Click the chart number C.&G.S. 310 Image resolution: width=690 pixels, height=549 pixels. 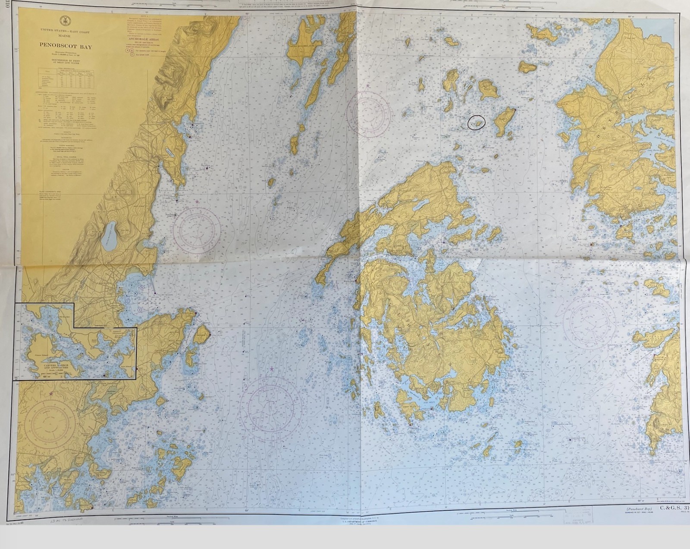[675, 509]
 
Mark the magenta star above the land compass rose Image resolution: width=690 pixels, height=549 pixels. [51, 393]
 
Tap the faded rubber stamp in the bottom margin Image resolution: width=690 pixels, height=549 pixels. [577, 515]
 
